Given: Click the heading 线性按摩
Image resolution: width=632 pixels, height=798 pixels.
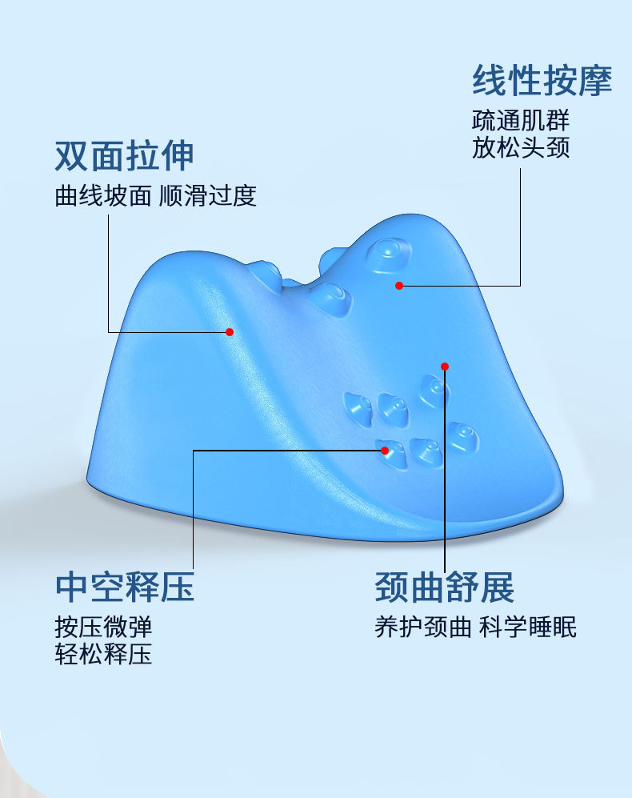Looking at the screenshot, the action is coord(542,80).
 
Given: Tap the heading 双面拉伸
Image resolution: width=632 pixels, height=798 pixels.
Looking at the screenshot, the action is coord(124,156).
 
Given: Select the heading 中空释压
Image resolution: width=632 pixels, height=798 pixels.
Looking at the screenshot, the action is coord(125,587).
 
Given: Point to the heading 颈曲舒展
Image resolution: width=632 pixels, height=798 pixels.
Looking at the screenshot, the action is coord(445,587).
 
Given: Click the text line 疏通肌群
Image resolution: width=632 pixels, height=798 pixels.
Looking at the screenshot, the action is coord(521,122).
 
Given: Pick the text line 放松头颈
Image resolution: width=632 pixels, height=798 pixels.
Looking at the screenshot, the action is coord(521,149).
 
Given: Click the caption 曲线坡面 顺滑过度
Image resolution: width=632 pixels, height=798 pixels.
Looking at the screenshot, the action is coord(156,196).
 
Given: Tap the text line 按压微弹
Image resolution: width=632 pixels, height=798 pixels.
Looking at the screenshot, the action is coord(103,627).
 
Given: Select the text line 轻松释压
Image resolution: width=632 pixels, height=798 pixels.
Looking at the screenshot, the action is coord(103,656).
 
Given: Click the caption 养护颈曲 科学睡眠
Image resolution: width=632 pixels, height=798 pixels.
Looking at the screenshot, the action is coord(475,627).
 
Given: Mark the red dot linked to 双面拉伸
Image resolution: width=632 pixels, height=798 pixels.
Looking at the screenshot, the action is coord(230,331).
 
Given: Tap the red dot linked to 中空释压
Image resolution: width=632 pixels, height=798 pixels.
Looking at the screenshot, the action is coord(385,451).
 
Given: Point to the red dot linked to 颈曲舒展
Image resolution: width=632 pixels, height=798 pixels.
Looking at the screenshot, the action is coord(445,367).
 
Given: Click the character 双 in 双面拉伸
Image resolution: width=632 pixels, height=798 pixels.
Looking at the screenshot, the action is coord(71,156).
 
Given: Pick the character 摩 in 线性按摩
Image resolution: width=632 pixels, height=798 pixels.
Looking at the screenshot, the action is coord(595,80).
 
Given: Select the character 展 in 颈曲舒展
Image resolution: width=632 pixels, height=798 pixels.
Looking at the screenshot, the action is coord(498,587).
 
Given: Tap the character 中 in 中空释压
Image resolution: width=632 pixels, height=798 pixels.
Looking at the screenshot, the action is coord(71,587).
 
